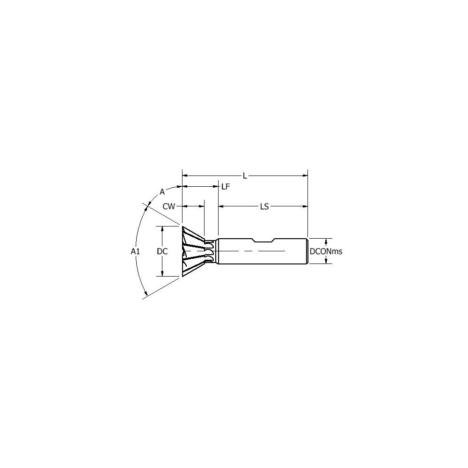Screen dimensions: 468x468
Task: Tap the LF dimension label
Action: pos(226,186)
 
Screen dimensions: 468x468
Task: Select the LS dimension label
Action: pos(264,206)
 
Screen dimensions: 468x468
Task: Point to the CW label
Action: pos(169,206)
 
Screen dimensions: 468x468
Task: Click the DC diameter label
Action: pos(162,251)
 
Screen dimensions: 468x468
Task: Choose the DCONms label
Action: pos(326,251)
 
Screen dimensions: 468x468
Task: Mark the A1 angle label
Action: pos(135,251)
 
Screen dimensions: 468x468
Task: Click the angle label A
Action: pos(162,191)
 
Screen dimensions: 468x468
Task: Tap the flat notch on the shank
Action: pos(263,241)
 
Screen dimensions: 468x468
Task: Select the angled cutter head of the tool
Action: pos(192,251)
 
